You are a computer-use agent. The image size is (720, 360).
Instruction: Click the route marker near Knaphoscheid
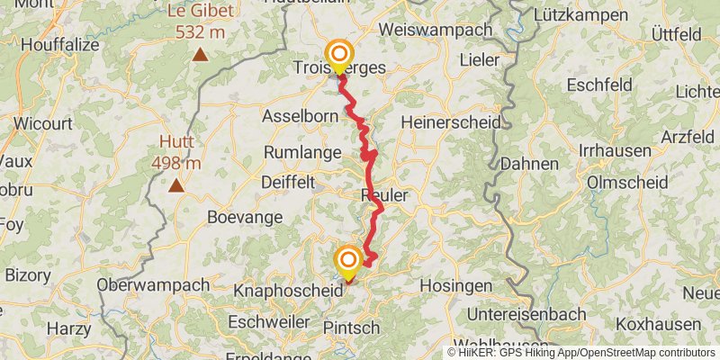347,263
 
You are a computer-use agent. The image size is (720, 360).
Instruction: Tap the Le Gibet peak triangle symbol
200,55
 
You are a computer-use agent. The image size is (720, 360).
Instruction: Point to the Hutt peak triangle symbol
176,186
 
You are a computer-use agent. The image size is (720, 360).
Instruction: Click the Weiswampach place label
436,30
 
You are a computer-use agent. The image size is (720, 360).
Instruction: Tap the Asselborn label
300,116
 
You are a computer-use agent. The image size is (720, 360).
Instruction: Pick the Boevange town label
245,217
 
